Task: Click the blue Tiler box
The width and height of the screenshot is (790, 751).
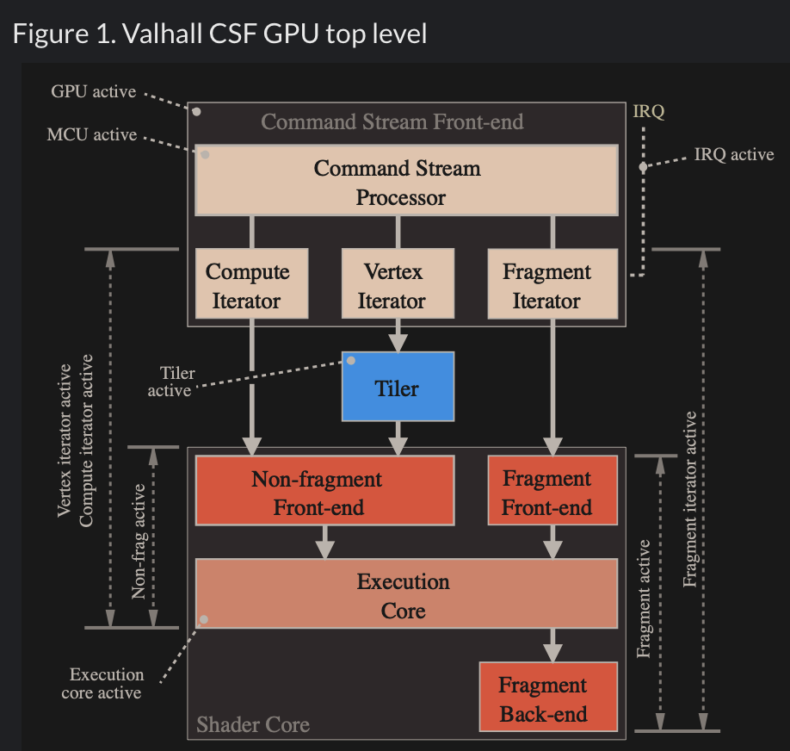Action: pyautogui.click(x=397, y=387)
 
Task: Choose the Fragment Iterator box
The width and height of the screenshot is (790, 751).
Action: pyautogui.click(x=552, y=286)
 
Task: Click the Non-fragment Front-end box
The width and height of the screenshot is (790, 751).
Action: pyautogui.click(x=324, y=491)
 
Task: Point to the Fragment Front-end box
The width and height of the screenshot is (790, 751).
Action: pyautogui.click(x=552, y=491)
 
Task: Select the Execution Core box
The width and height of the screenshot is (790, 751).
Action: pyautogui.click(x=406, y=593)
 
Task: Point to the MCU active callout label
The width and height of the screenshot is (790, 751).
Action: pyautogui.click(x=92, y=135)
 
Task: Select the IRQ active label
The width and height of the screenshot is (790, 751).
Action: pyautogui.click(x=733, y=155)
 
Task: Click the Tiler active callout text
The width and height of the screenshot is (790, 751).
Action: pyautogui.click(x=172, y=382)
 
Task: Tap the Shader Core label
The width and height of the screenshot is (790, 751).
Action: pyautogui.click(x=252, y=724)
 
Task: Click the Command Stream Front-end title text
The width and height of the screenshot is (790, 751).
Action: pyautogui.click(x=392, y=121)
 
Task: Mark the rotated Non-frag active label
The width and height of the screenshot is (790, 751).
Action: pyautogui.click(x=139, y=541)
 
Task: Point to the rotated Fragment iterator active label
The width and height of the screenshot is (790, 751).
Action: pyautogui.click(x=690, y=500)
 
